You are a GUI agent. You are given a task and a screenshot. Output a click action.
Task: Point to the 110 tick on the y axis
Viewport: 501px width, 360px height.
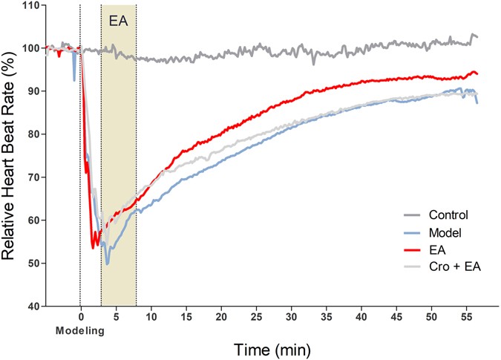point(30,5)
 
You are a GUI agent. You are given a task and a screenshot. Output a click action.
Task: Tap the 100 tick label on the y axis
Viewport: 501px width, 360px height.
point(30,48)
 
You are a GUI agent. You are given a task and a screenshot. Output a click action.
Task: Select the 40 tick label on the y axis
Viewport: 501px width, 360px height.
point(32,306)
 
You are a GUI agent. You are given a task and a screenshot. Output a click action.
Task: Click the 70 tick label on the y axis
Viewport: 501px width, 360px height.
point(32,177)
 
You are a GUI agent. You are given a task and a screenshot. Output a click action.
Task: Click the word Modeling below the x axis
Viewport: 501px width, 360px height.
point(79,330)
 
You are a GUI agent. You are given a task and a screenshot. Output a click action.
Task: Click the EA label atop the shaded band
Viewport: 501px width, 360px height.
point(118,21)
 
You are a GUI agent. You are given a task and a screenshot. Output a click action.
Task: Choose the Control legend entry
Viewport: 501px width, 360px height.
point(448,216)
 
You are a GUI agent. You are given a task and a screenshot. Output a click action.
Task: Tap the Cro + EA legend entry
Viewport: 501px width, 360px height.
point(454,267)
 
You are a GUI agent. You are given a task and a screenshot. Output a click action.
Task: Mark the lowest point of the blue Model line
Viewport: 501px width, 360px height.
point(108,264)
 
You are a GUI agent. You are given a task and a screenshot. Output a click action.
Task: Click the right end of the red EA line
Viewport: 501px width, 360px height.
point(477,73)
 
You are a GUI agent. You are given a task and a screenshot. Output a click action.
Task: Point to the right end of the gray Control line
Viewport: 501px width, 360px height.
point(477,36)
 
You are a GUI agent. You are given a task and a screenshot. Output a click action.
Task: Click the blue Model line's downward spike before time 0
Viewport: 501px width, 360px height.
point(74,79)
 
